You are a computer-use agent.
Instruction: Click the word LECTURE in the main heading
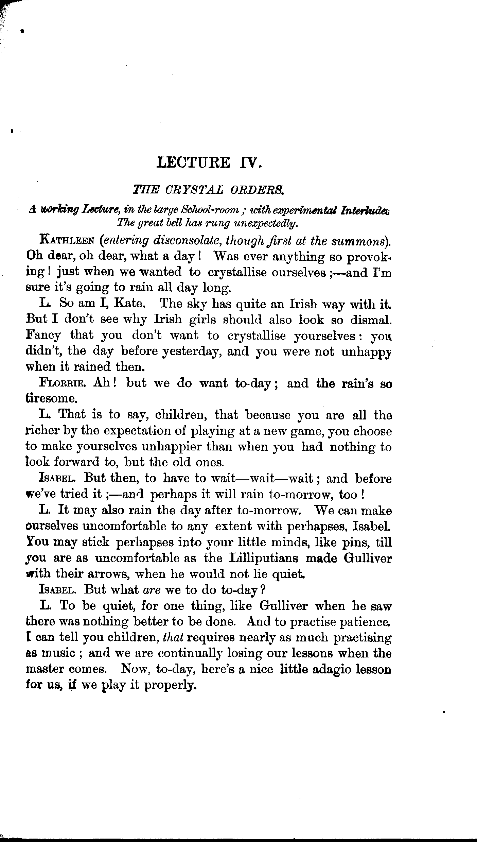[x=193, y=162]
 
